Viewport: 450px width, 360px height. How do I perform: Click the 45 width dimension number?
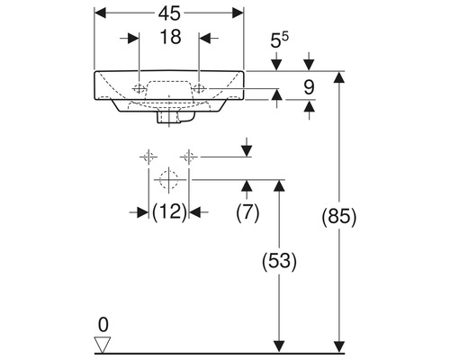pos(168,14)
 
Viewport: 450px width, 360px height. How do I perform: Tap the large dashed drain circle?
pos(166,180)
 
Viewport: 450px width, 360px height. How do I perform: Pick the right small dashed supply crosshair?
pos(188,157)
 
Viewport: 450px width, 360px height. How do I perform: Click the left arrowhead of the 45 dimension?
pos(98,14)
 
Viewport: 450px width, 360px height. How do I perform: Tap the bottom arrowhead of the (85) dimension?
pos(339,346)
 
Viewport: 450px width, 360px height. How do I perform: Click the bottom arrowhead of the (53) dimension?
pos(280,346)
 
